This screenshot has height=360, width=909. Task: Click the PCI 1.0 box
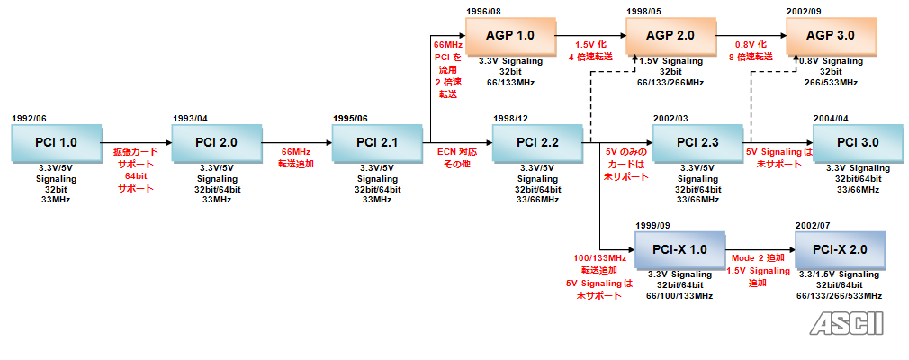point(57,142)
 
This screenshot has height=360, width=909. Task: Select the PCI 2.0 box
point(217,142)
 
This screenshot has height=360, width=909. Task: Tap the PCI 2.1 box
point(377,142)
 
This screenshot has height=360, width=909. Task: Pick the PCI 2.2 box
point(537,142)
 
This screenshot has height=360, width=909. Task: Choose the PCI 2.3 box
point(697,142)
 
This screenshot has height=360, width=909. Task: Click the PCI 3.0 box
point(858,142)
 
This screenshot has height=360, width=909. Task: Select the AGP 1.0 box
point(510,36)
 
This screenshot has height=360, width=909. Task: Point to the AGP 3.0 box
point(831,36)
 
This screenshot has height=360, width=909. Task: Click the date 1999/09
point(653,225)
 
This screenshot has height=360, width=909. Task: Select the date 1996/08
point(484,11)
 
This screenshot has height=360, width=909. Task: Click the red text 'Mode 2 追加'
point(757,258)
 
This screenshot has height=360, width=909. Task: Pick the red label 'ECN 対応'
point(456,151)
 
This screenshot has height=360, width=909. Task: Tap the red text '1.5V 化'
point(589,44)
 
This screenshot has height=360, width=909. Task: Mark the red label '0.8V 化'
point(750,44)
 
